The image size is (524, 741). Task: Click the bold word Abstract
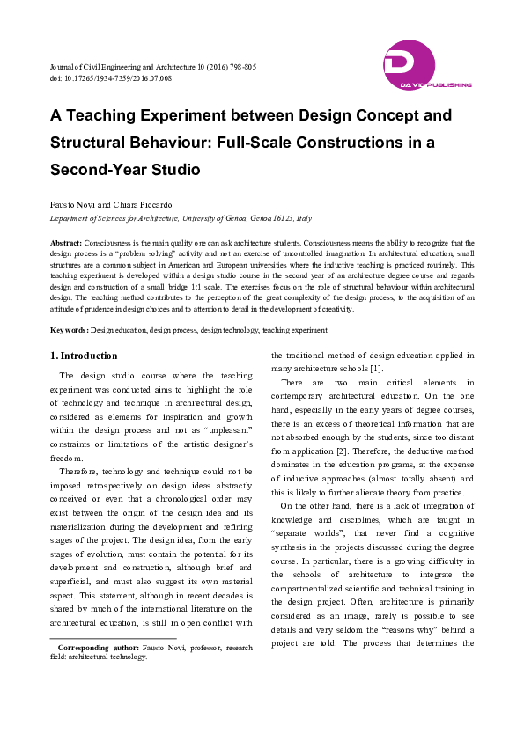pos(65,242)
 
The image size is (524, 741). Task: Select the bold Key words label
pos(69,330)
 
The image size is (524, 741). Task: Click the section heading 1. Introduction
pos(83,356)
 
